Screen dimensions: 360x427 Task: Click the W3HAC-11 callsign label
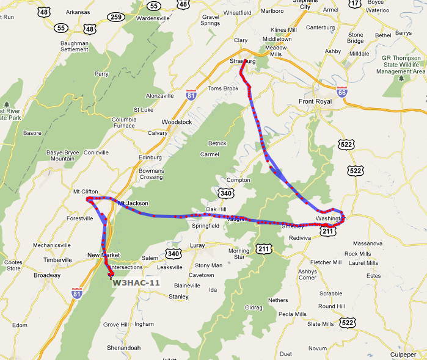point(136,283)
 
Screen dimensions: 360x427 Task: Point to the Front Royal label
point(315,101)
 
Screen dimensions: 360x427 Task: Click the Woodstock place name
point(177,122)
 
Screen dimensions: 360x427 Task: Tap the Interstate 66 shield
point(341,91)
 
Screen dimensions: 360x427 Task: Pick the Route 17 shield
point(355,4)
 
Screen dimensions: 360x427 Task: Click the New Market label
point(104,255)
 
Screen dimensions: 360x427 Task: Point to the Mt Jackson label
point(133,203)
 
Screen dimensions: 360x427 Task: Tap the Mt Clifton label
point(86,192)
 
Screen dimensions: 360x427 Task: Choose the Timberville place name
point(57,259)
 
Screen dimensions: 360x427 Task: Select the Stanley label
point(178,297)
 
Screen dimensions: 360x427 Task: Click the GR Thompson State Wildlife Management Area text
point(403,65)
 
